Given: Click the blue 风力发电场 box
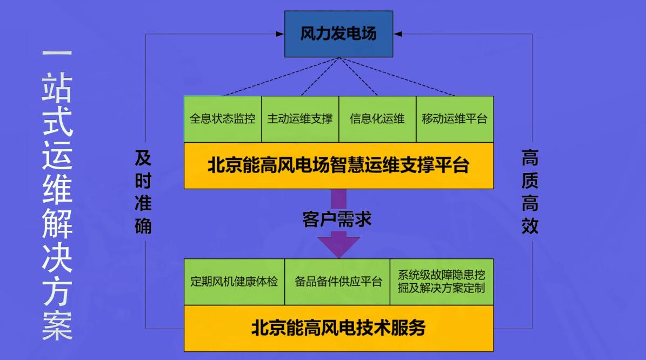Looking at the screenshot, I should tap(338, 34).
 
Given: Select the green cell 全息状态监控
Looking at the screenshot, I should tap(223, 119).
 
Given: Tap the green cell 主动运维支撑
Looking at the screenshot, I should tap(300, 119).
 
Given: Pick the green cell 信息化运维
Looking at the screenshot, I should tap(377, 119).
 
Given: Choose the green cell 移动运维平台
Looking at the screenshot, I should tap(455, 119).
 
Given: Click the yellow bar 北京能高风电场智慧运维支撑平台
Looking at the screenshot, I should tap(338, 165).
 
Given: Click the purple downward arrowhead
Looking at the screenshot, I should tap(338, 244).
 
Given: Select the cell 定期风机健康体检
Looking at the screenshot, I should tap(234, 282).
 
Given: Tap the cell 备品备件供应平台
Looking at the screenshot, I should tap(337, 282).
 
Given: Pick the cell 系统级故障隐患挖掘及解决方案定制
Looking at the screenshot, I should tap(441, 282).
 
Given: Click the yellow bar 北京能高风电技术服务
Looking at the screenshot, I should tap(338, 328).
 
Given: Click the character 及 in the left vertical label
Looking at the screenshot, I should tap(143, 158).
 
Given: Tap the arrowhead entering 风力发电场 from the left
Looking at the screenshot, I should tap(280, 34).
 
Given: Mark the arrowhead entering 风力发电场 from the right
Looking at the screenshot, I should tap(397, 34).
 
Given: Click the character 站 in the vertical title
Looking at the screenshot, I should tap(57, 89).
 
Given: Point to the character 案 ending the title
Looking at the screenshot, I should tap(57, 326).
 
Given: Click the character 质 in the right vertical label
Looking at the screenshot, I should tap(530, 181).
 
